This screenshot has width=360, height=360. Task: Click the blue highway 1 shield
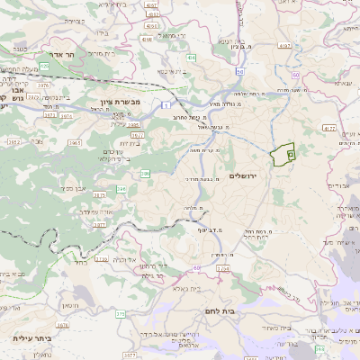pos(166,106)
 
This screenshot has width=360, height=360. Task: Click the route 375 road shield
pos(120,313)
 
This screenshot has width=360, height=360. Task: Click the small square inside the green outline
pos(291,156)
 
